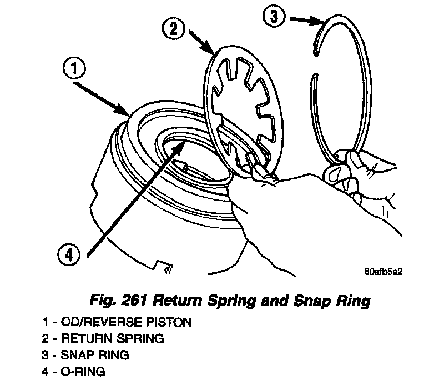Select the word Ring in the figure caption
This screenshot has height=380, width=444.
click(349, 302)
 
